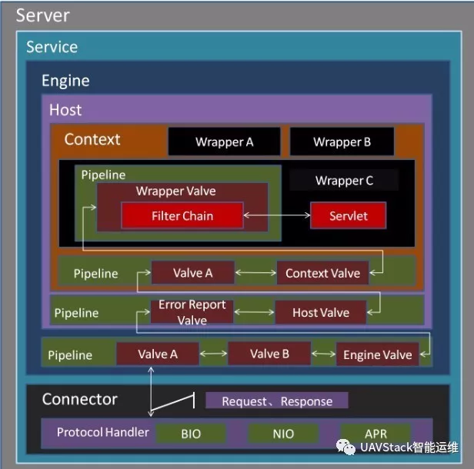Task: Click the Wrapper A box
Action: coord(223,141)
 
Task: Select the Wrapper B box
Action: coord(342,141)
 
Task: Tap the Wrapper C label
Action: coord(344,181)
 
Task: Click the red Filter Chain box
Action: coord(182,216)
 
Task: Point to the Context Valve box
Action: coord(322,273)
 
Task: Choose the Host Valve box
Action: coord(321,312)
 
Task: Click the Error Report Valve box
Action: coord(192,312)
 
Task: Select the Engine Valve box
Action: coord(377,354)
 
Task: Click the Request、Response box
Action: coord(277,401)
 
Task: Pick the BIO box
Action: coord(191,434)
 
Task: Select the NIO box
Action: coord(283,434)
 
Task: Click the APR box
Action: coord(376,434)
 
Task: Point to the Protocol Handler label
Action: coord(103,432)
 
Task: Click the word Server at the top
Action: coord(42,15)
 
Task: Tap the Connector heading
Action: coord(80,399)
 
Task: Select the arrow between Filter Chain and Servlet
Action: coord(277,217)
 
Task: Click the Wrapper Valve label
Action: coord(175,191)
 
